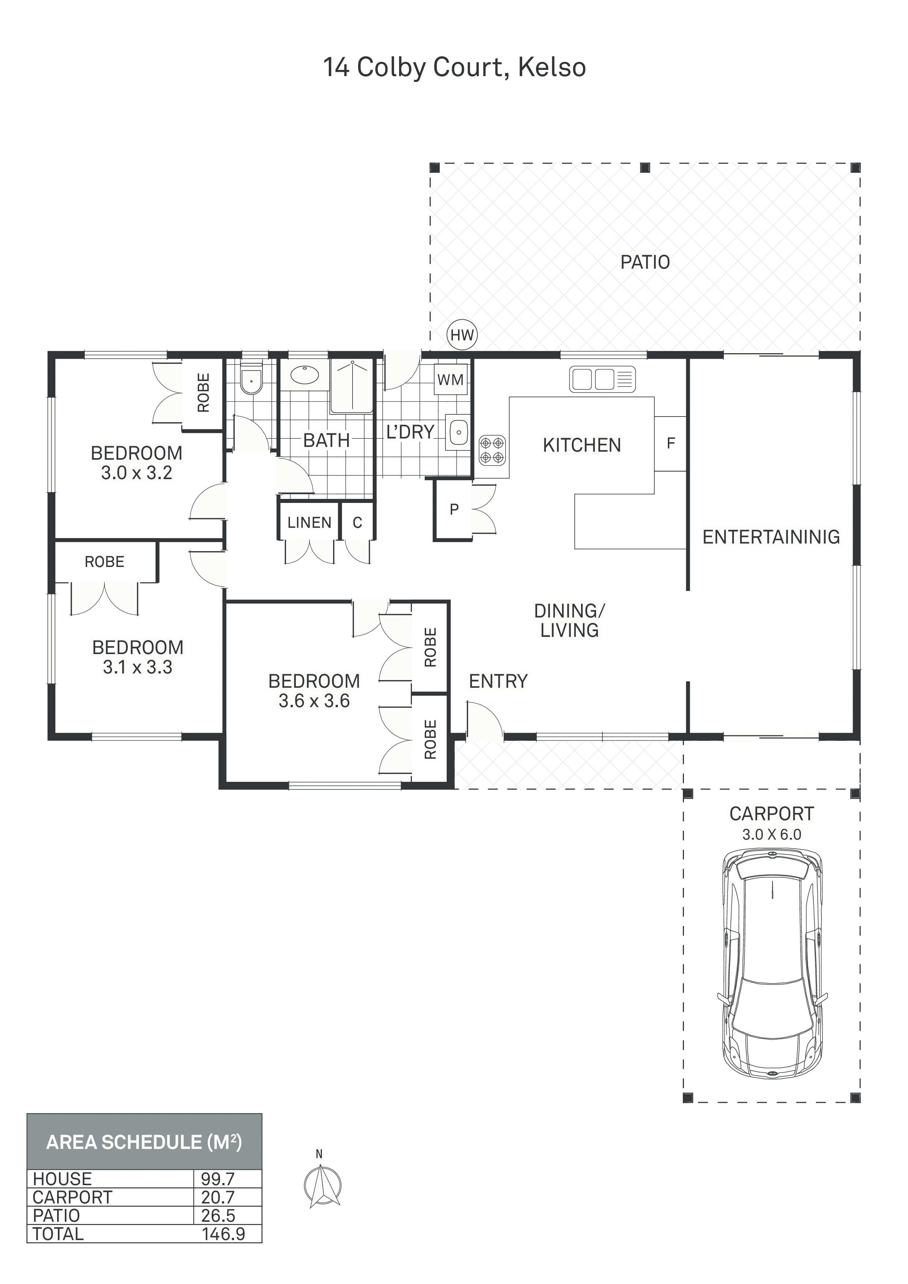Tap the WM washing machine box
[450, 380]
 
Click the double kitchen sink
[602, 378]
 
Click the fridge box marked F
[670, 444]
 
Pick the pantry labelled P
[454, 509]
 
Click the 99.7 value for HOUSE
[217, 1179]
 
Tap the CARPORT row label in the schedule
[72, 1197]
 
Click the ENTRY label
[498, 681]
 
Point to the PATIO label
[645, 262]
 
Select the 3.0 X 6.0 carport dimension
[771, 835]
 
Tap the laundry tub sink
[458, 432]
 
